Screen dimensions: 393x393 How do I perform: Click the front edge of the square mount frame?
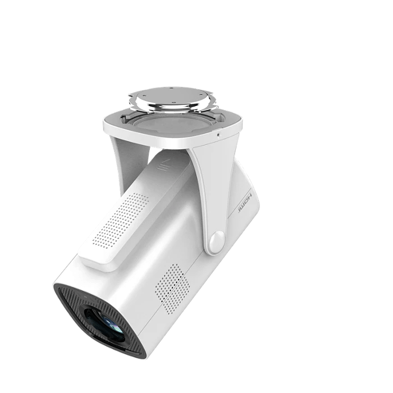coord(168,140)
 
